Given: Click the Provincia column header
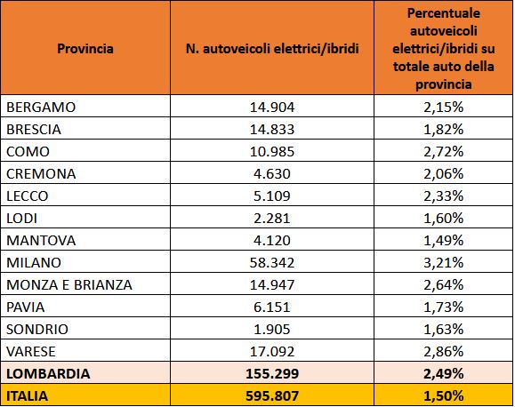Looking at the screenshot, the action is (85, 49).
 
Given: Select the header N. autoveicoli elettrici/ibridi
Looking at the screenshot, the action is (272, 49).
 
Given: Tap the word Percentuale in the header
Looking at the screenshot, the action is (444, 13).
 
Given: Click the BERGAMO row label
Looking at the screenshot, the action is (41, 108).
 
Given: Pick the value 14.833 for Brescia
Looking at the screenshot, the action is (272, 130).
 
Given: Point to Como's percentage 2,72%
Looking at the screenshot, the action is (444, 152).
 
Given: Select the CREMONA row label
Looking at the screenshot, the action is (41, 174).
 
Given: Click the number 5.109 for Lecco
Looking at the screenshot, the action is (272, 196).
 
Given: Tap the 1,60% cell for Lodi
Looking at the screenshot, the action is (444, 219).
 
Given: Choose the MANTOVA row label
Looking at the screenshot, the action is (41, 241).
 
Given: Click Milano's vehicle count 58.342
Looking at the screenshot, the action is (272, 262).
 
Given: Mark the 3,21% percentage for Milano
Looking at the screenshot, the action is (444, 262).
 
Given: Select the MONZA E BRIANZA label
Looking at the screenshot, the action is (69, 285).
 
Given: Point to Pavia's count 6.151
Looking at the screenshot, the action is (272, 307).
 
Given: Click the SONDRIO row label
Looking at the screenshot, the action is (37, 329).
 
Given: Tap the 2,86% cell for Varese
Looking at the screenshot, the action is (444, 352).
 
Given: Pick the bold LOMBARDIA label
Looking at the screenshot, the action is (48, 373).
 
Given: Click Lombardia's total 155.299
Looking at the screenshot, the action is (272, 373).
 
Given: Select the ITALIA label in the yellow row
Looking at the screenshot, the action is (28, 395).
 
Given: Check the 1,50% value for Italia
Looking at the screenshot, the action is (444, 395).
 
